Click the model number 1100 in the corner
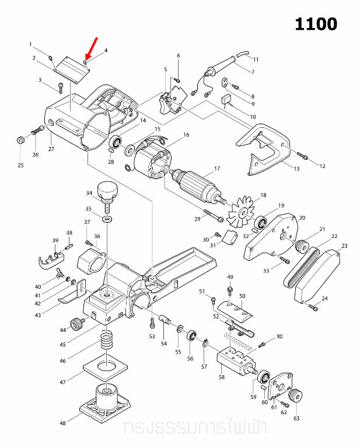[316, 24]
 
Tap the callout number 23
[344, 246]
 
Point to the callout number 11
[256, 60]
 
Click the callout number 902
[279, 337]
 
